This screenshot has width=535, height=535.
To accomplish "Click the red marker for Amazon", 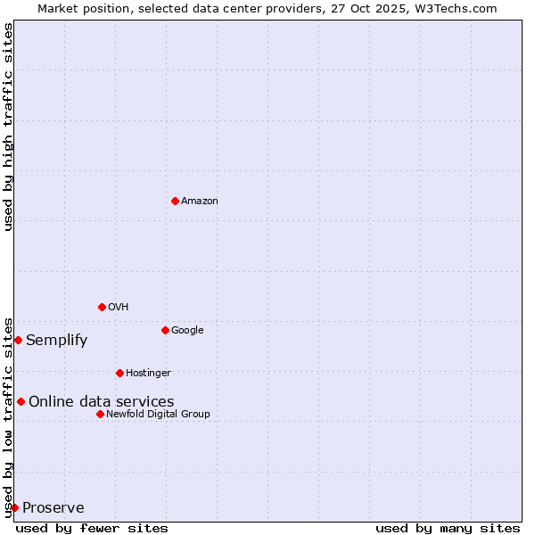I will click(x=175, y=201).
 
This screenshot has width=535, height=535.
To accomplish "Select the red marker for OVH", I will click(x=102, y=307).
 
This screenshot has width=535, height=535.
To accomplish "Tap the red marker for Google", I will click(x=165, y=330).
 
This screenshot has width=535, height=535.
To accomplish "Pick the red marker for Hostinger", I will click(x=119, y=373).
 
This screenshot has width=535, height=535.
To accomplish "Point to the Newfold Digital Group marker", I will click(x=100, y=414).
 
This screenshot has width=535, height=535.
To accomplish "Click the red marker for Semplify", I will click(x=18, y=340).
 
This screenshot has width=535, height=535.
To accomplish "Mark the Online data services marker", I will click(x=21, y=401).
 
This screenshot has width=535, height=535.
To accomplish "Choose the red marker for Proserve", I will click(x=14, y=507).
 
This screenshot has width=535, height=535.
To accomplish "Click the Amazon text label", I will click(x=200, y=202).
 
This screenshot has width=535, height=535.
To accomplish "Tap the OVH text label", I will click(x=119, y=308).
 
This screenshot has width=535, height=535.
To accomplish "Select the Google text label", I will click(x=187, y=331).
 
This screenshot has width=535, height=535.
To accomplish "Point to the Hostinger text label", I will click(x=148, y=374).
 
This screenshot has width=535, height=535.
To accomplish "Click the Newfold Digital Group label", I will click(x=158, y=415).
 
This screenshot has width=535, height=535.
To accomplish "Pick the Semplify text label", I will click(x=57, y=341).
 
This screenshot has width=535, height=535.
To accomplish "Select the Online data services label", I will click(x=102, y=402).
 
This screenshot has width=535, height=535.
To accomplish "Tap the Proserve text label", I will click(x=53, y=508).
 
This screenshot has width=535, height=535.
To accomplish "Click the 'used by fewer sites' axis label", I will click(x=92, y=528).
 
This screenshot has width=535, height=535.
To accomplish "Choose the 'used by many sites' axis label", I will click(x=448, y=528).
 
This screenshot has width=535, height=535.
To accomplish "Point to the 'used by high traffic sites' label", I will click(x=8, y=127).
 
